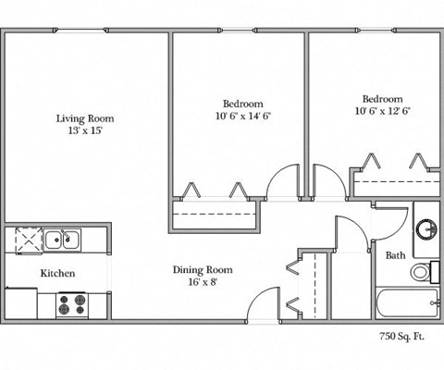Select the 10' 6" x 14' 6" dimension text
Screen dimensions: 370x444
click(x=242, y=117)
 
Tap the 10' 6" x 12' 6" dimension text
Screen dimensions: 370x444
click(x=382, y=111)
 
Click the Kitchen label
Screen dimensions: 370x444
click(x=56, y=274)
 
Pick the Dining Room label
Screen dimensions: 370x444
click(x=203, y=270)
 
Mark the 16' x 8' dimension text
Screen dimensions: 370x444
click(x=203, y=283)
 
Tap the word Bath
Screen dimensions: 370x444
click(x=395, y=254)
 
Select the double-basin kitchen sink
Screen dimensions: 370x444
click(x=65, y=240)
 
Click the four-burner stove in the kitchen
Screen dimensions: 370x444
click(x=72, y=303)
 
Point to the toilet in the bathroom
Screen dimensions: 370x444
click(x=421, y=272)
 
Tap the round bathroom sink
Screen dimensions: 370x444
click(x=427, y=228)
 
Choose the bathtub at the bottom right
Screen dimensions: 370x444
click(x=407, y=303)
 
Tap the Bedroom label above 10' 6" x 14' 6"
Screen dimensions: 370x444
click(x=242, y=103)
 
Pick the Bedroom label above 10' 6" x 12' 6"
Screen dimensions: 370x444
click(x=382, y=98)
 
